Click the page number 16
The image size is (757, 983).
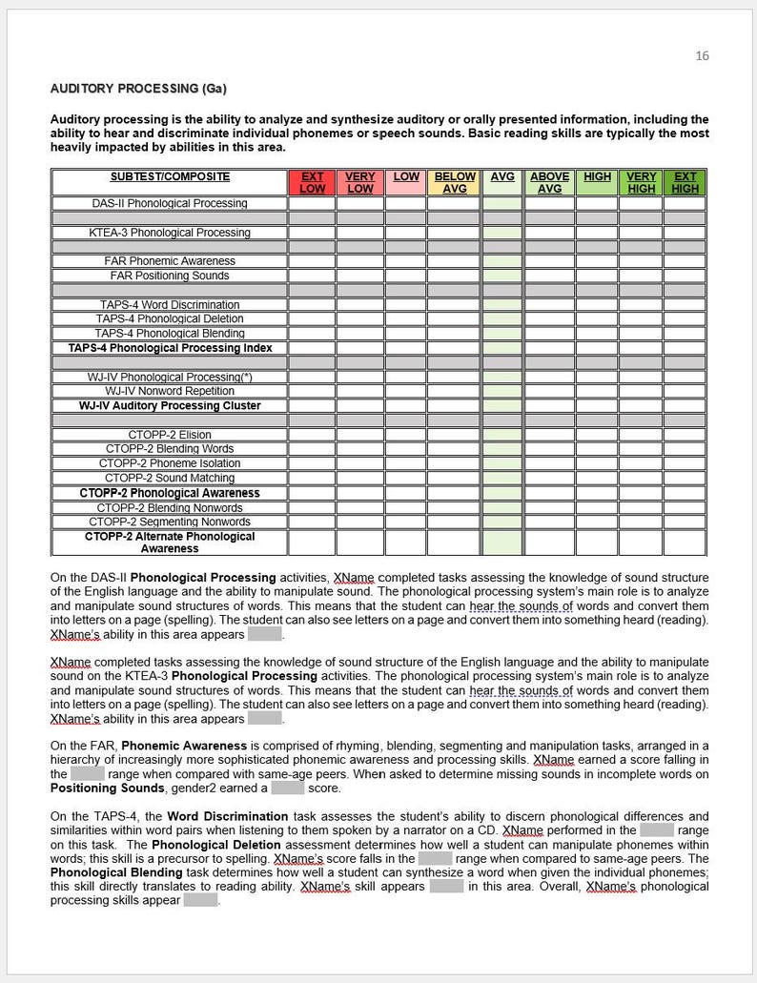[702, 56]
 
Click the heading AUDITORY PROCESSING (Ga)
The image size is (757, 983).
[137, 89]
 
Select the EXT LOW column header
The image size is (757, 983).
[312, 182]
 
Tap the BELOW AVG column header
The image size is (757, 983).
[455, 182]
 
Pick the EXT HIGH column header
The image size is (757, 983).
[685, 182]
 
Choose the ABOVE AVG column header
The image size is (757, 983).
[549, 182]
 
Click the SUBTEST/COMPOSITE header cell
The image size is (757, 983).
[170, 176]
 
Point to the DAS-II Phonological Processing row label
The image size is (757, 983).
[170, 203]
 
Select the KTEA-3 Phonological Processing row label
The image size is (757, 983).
[170, 233]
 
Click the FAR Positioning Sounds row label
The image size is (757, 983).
[170, 276]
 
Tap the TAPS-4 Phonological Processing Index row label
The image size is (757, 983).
[170, 348]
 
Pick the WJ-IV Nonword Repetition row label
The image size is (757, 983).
[170, 391]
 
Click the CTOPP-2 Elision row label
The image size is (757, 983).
[170, 435]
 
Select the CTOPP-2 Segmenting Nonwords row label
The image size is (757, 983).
[170, 522]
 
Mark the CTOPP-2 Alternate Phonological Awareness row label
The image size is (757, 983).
[170, 543]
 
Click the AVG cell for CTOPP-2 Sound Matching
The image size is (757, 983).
[502, 478]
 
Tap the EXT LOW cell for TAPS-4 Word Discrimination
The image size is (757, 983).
[312, 305]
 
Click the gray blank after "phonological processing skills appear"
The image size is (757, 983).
[200, 900]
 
